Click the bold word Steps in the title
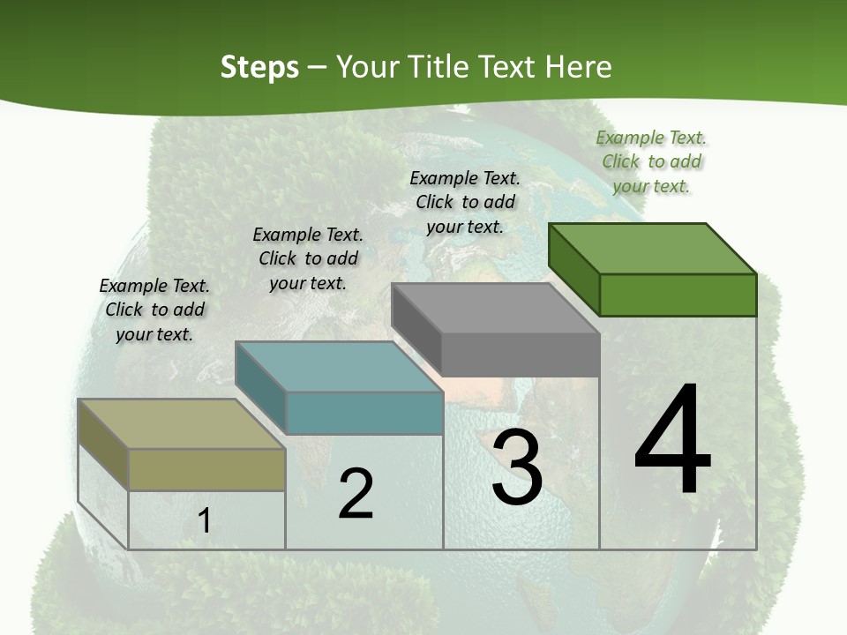click(259, 67)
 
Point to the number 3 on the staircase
click(517, 467)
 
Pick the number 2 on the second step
click(356, 494)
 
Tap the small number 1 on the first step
click(205, 521)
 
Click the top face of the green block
click(653, 248)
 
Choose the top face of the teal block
click(339, 367)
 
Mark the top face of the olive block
click(182, 424)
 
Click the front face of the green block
click(678, 295)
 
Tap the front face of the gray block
click(521, 355)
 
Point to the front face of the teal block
click(364, 413)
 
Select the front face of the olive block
click(206, 469)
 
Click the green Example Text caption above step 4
click(651, 161)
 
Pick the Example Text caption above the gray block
click(465, 202)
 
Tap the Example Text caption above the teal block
click(308, 258)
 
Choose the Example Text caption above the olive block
click(154, 310)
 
